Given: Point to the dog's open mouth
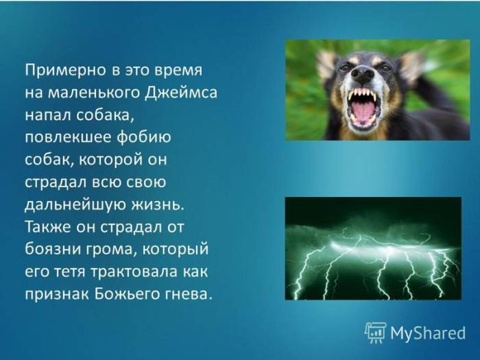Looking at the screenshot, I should click(363, 108).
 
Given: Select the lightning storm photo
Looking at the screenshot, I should click(373, 248).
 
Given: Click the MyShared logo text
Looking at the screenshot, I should click(428, 333).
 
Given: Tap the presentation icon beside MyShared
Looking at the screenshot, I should click(375, 333).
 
